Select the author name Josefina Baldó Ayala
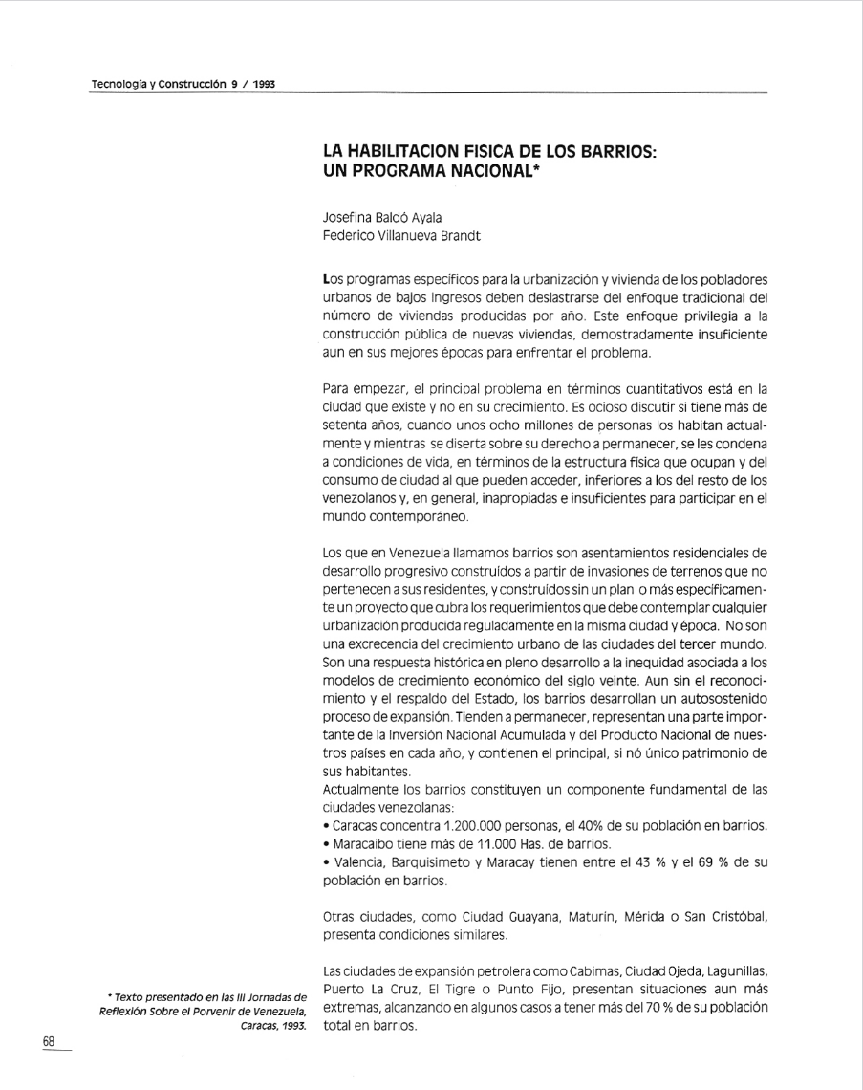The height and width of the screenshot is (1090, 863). tap(381, 218)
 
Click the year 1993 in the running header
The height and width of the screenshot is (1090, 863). tap(265, 85)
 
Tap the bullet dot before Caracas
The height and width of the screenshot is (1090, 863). tap(327, 825)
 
